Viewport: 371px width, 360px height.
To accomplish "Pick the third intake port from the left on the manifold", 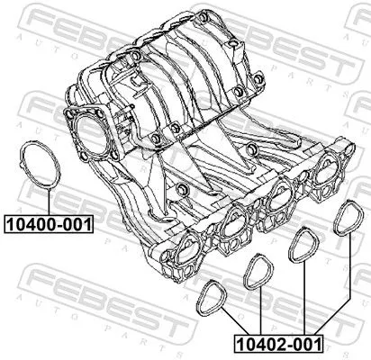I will click(279, 197).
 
